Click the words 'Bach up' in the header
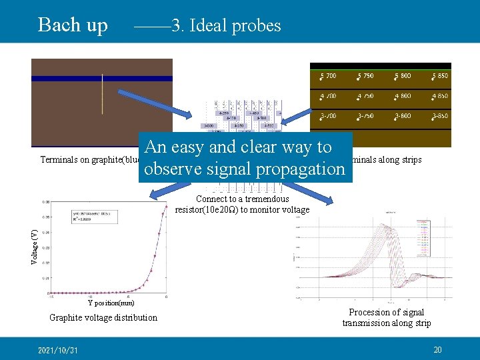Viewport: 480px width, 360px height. click(73, 25)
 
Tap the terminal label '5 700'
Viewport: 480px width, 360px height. click(328, 76)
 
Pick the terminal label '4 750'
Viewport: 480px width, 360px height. click(365, 96)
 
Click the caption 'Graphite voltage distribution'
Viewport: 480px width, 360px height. click(103, 318)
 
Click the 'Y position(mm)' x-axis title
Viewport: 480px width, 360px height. click(111, 303)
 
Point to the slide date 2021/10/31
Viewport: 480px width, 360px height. click(58, 350)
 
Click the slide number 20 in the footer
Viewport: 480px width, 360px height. click(437, 350)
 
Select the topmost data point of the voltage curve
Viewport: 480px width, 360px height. click(166, 207)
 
